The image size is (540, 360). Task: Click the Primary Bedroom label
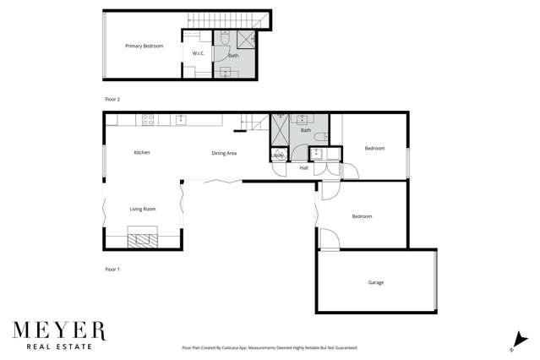point(144,46)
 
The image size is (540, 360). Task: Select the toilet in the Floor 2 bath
point(225,38)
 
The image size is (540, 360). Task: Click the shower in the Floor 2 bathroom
point(246,38)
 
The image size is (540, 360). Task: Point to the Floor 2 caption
point(112,100)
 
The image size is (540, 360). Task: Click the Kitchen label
point(142,152)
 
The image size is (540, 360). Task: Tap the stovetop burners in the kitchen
point(147,120)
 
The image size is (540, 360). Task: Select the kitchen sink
point(181,119)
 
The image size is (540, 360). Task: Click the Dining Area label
point(224,153)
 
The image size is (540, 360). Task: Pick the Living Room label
point(142,209)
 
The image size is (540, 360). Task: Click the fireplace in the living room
point(142,238)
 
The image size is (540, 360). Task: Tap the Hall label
point(303,168)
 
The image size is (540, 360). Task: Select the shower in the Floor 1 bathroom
point(280,128)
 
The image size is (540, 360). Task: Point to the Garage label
point(376,282)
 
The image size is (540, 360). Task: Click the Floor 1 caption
point(112,270)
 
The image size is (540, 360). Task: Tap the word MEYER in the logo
point(58,329)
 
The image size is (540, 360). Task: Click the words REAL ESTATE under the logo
point(58,346)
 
